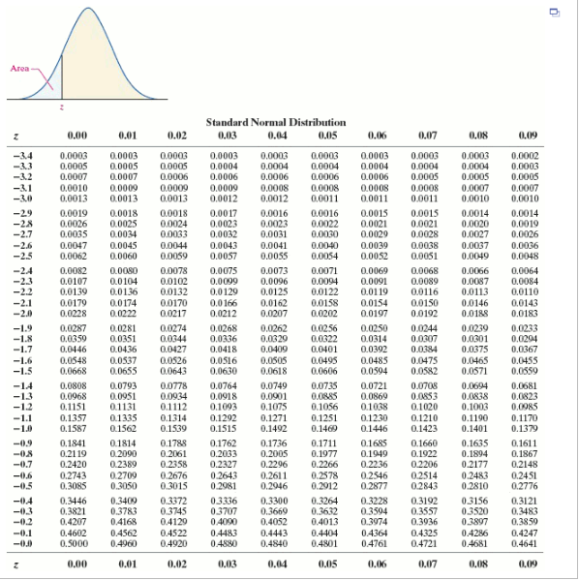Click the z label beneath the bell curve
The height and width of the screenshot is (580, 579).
tap(62, 107)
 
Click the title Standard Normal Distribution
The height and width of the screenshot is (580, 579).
tap(275, 123)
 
